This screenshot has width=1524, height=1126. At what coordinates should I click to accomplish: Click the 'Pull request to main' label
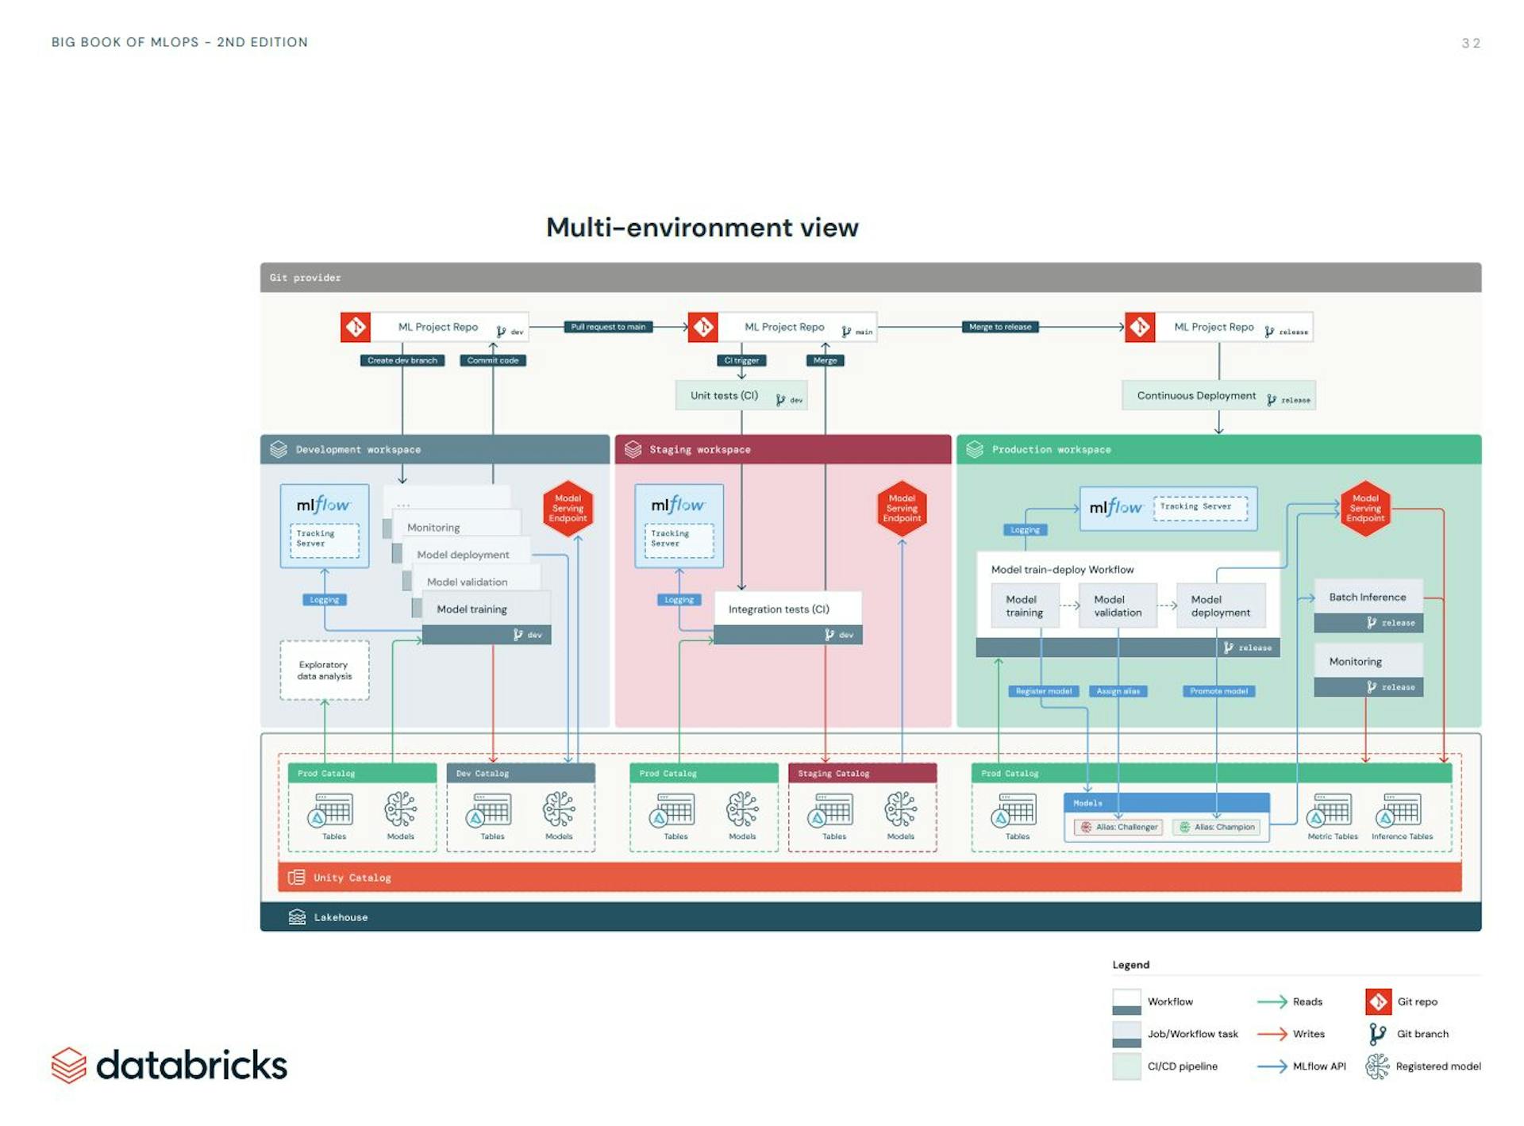click(608, 327)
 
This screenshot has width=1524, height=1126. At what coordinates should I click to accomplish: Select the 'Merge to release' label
click(999, 327)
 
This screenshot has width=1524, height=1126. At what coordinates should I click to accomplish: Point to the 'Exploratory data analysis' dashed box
click(324, 671)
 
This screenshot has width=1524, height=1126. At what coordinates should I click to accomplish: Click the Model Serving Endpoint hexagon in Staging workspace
click(902, 509)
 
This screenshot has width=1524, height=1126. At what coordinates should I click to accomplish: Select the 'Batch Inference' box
click(1368, 598)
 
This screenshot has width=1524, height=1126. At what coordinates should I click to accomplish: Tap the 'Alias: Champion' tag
click(1218, 827)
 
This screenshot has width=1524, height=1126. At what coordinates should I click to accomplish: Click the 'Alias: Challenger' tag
click(1119, 827)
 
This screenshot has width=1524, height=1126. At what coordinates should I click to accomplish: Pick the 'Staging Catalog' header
click(862, 773)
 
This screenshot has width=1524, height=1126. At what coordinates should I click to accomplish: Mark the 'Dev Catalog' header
click(520, 773)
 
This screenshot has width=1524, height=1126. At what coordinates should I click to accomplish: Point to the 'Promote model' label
click(1218, 691)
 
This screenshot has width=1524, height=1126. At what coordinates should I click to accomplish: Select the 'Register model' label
click(1043, 691)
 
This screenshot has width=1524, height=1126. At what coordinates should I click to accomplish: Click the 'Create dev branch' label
click(402, 360)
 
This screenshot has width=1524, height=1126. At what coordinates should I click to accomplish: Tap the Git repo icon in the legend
click(1378, 1001)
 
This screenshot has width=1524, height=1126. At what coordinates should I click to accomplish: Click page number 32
click(1470, 44)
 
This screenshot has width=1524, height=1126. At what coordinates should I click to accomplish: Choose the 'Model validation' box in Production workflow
click(1117, 606)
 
